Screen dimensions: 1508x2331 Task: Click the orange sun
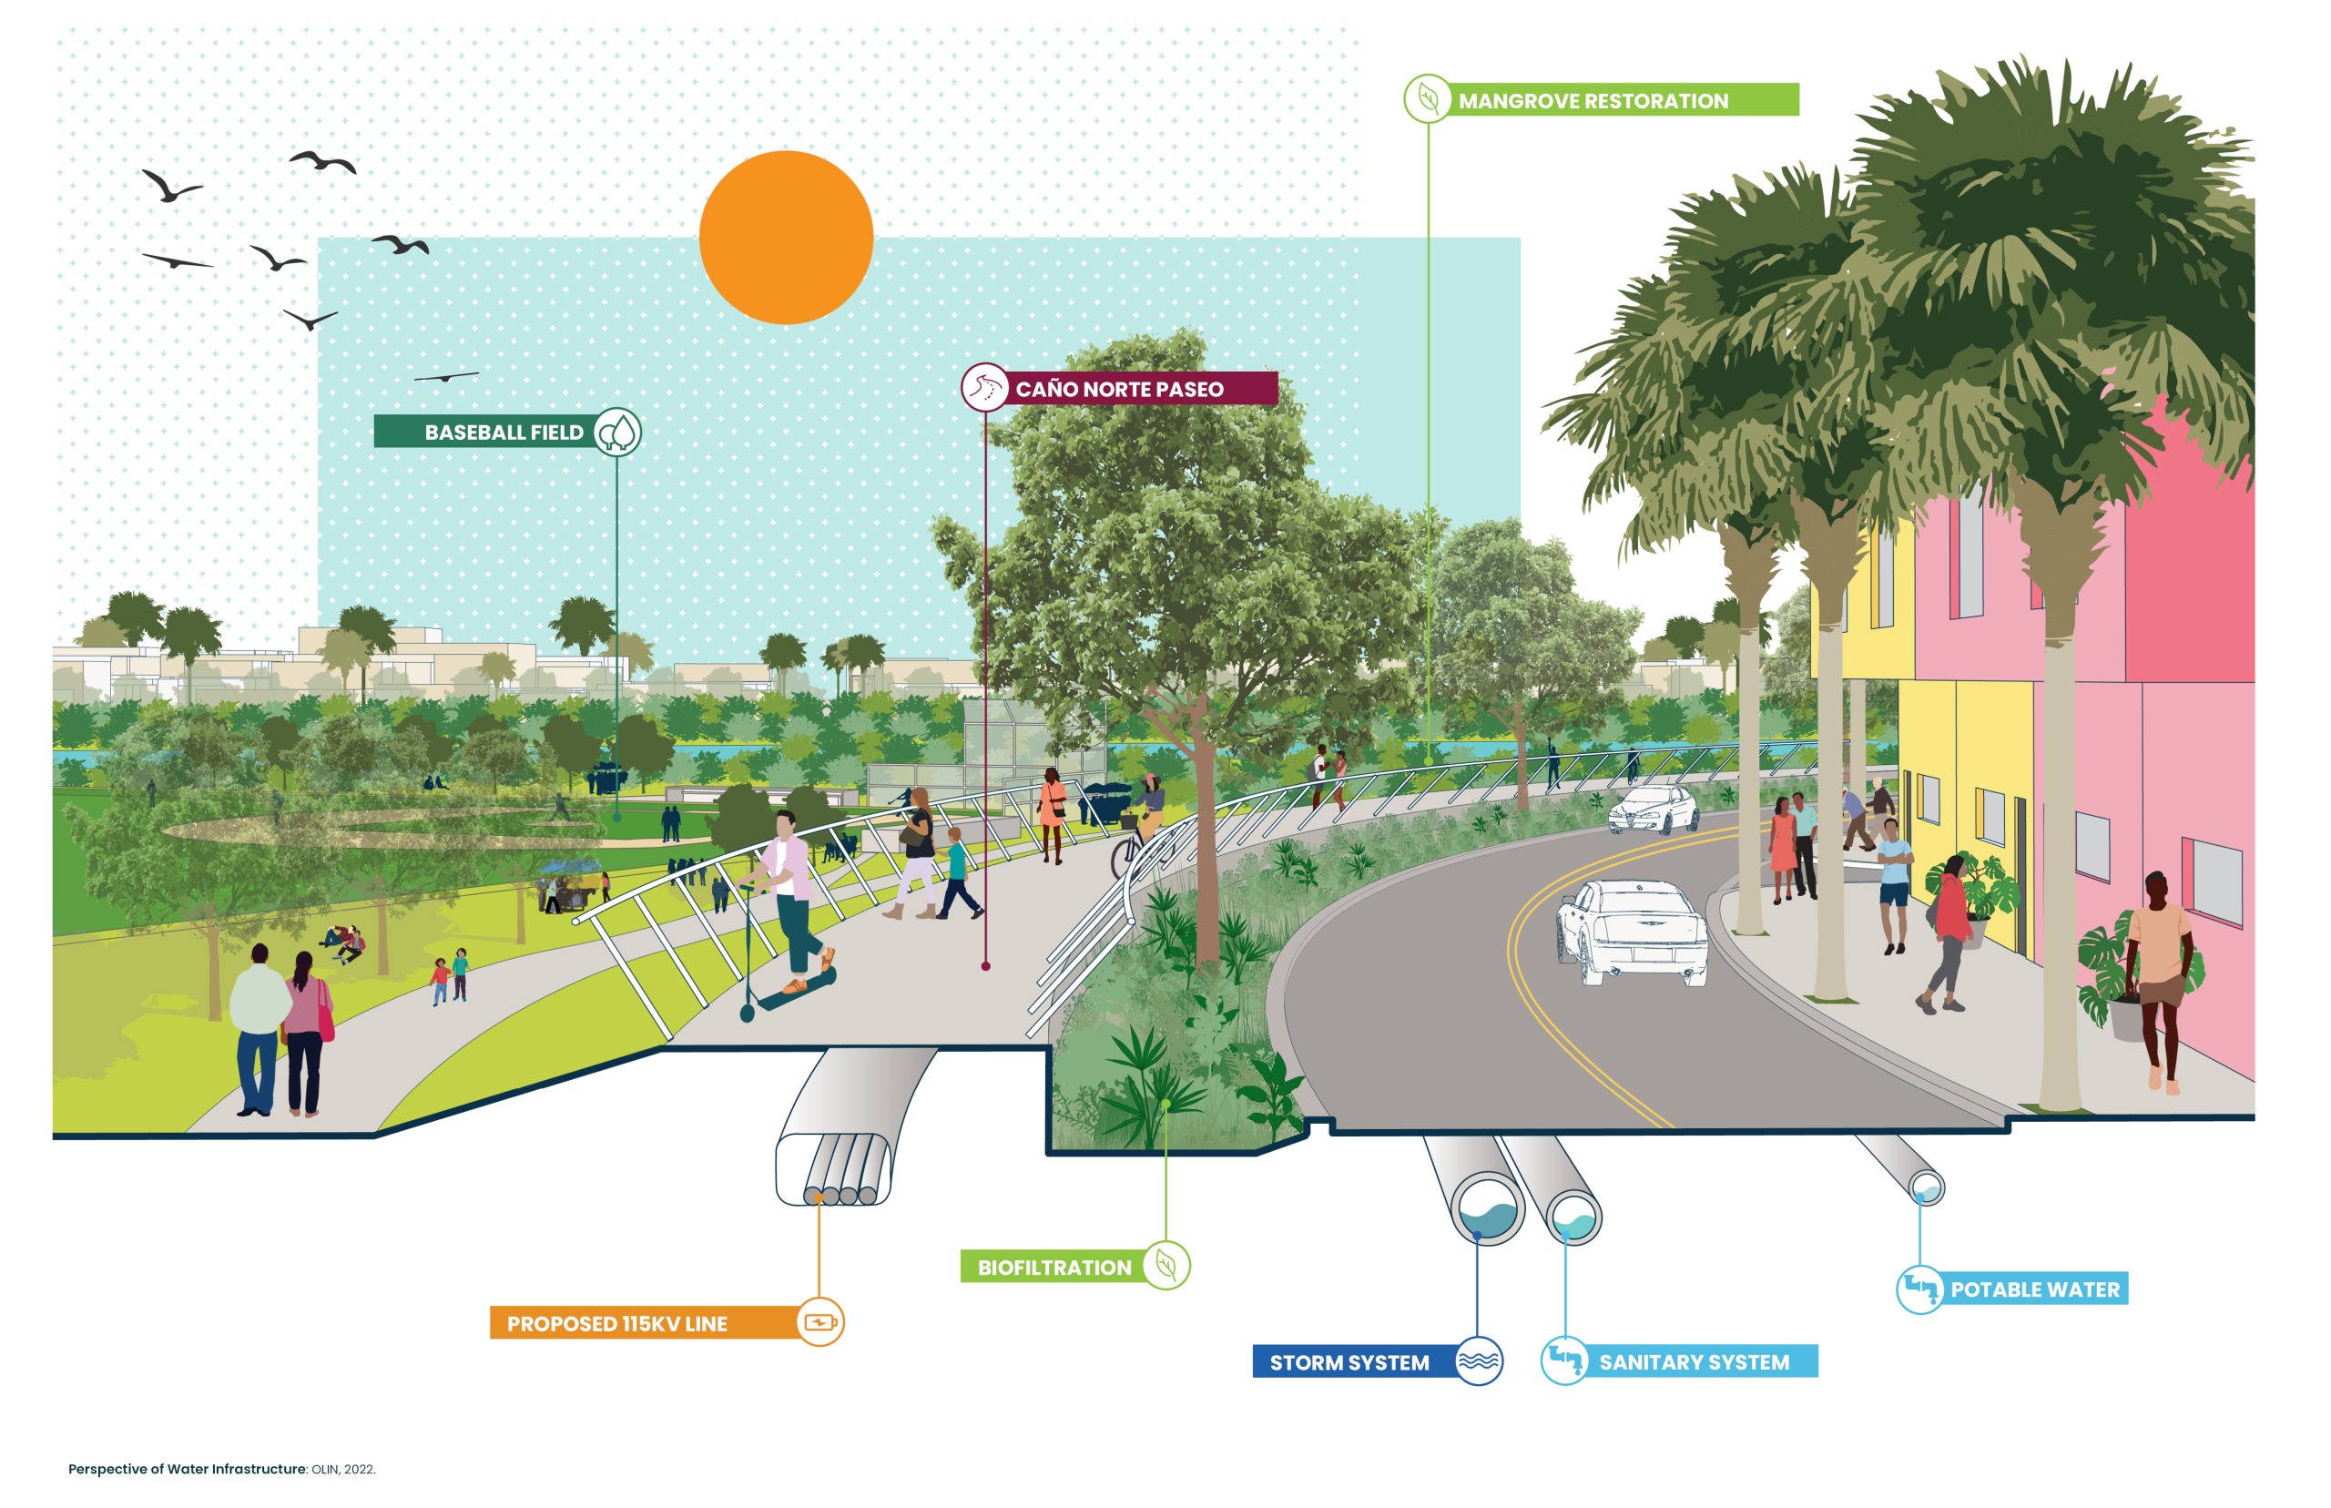click(x=785, y=237)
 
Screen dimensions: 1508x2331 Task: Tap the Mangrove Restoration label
click(x=1593, y=101)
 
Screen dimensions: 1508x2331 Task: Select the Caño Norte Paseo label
click(x=1119, y=389)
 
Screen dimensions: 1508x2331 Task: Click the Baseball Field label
click(x=504, y=432)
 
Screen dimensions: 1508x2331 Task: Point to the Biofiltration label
click(x=1054, y=1267)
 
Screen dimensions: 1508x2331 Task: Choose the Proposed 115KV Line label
click(x=616, y=1324)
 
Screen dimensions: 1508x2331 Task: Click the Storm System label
click(x=1349, y=1362)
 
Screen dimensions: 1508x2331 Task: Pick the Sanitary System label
click(x=1694, y=1362)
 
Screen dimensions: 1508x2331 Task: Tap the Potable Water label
click(x=2034, y=1289)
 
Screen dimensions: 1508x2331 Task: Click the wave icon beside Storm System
click(x=1479, y=1361)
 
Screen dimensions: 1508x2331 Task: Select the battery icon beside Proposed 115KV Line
click(x=819, y=1323)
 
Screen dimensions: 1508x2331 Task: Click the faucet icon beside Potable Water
click(x=1919, y=1289)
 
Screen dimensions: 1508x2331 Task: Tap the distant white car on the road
click(x=1653, y=809)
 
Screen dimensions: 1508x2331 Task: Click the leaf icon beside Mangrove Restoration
click(x=1428, y=99)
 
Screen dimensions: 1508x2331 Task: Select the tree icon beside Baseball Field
click(x=617, y=432)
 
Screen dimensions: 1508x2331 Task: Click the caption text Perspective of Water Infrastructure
click(x=187, y=1469)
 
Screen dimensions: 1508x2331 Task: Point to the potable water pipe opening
click(x=1927, y=1188)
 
